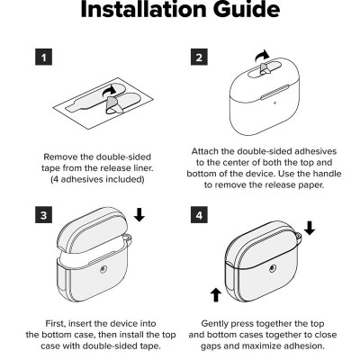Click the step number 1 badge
[x=44, y=57]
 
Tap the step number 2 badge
[x=199, y=57]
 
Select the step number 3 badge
[x=44, y=215]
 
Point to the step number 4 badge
[x=199, y=215]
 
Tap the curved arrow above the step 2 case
[x=262, y=56]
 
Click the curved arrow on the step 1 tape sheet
[x=109, y=91]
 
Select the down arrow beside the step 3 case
[x=139, y=215]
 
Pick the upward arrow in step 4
[x=216, y=295]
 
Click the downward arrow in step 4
[x=310, y=229]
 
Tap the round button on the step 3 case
[x=103, y=269]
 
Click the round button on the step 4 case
[x=273, y=268]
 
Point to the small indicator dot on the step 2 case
[x=274, y=103]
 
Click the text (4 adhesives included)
[x=97, y=179]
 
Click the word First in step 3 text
[x=56, y=324]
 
